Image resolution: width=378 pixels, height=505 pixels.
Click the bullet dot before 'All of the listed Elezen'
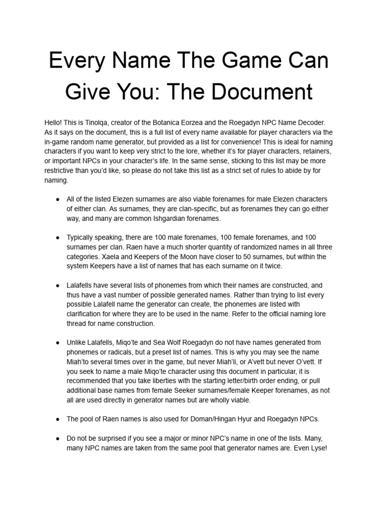(x=58, y=199)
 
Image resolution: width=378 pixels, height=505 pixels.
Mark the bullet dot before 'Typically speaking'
(x=58, y=237)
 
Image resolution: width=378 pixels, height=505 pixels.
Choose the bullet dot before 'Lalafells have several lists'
(x=58, y=286)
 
